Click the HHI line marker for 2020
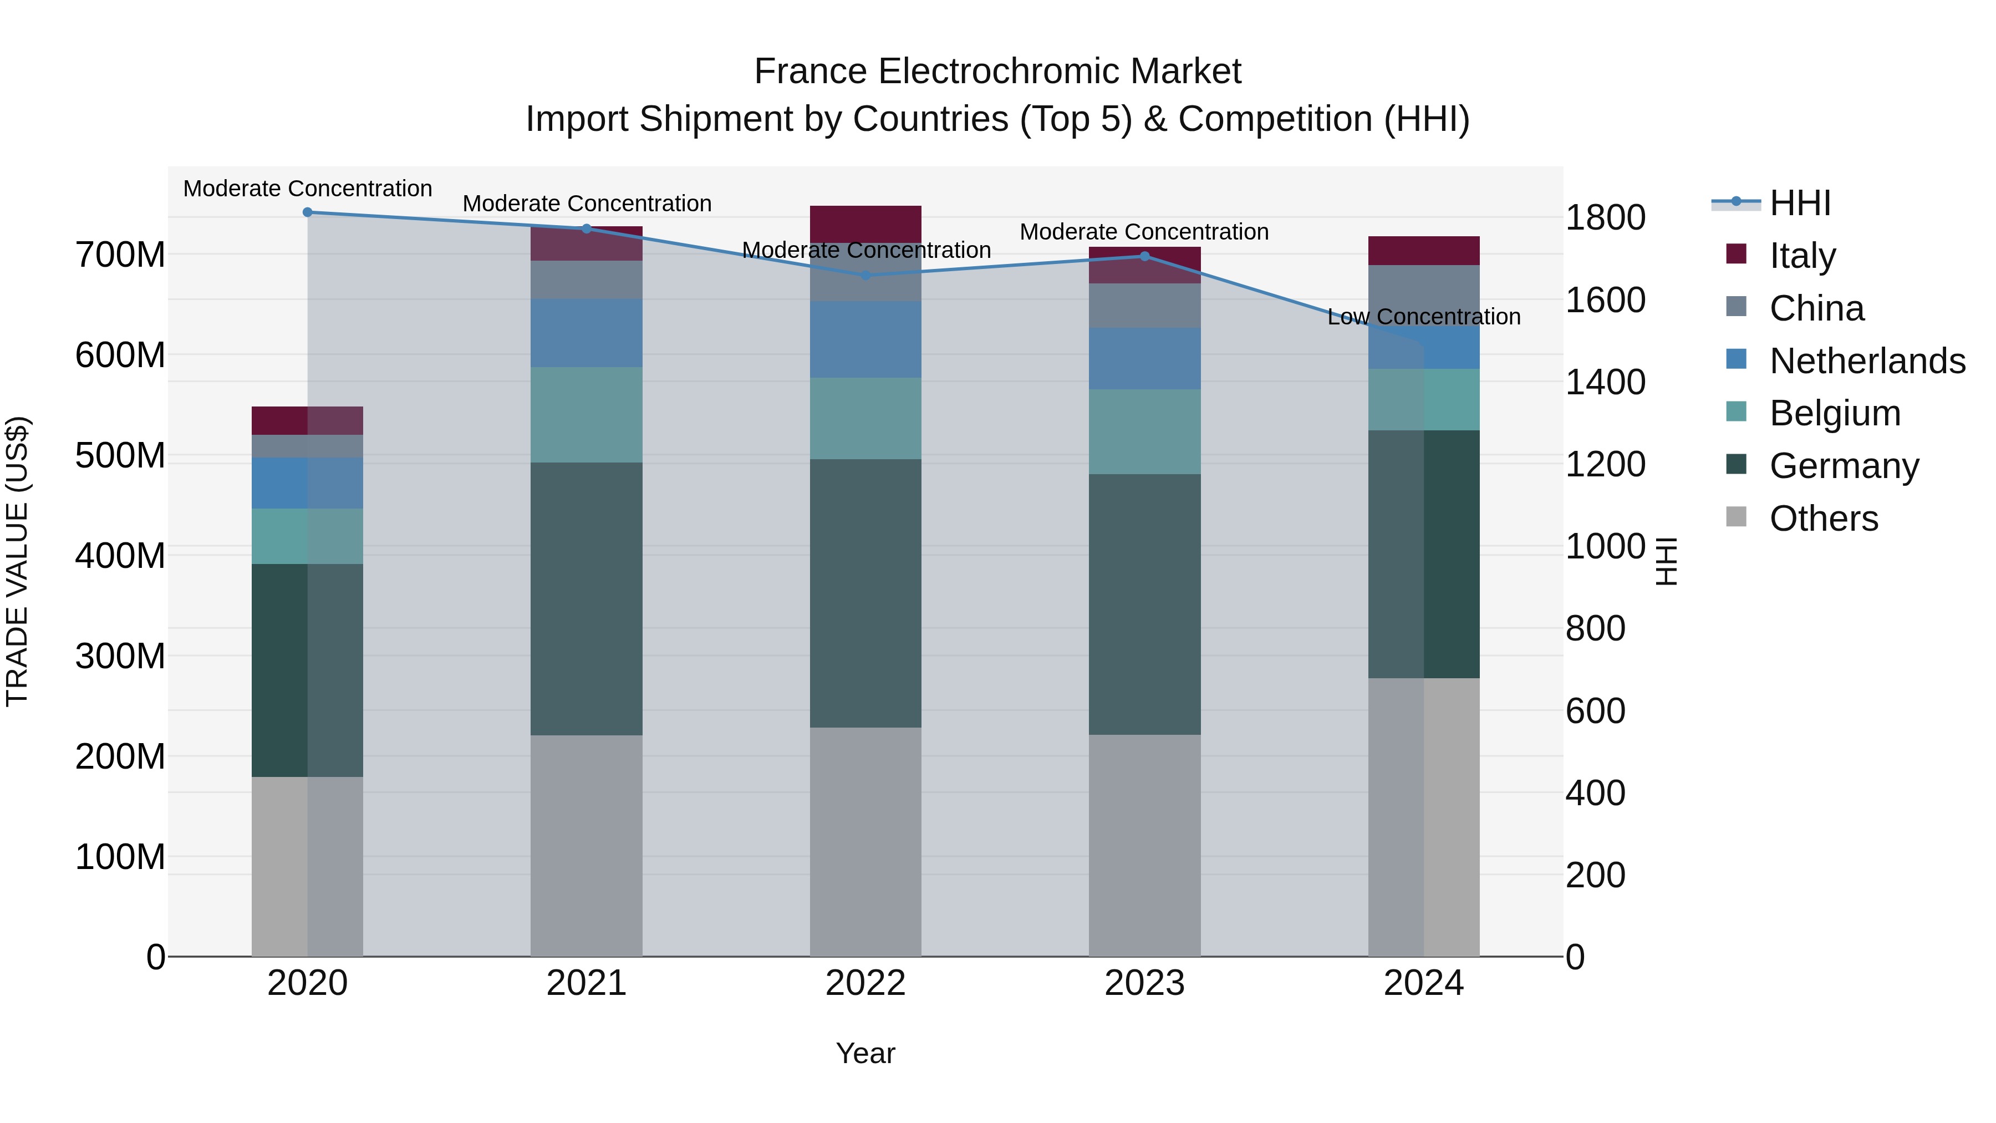[x=308, y=212]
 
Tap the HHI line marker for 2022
[x=865, y=275]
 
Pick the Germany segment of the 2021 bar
[x=587, y=598]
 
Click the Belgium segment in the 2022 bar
[x=865, y=419]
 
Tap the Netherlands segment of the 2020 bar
[x=308, y=483]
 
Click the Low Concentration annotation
[x=1423, y=317]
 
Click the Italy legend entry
[x=1802, y=256]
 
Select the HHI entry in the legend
[x=1800, y=203]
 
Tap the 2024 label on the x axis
[x=1423, y=983]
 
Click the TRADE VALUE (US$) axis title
[x=17, y=561]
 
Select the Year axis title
[x=865, y=1053]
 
